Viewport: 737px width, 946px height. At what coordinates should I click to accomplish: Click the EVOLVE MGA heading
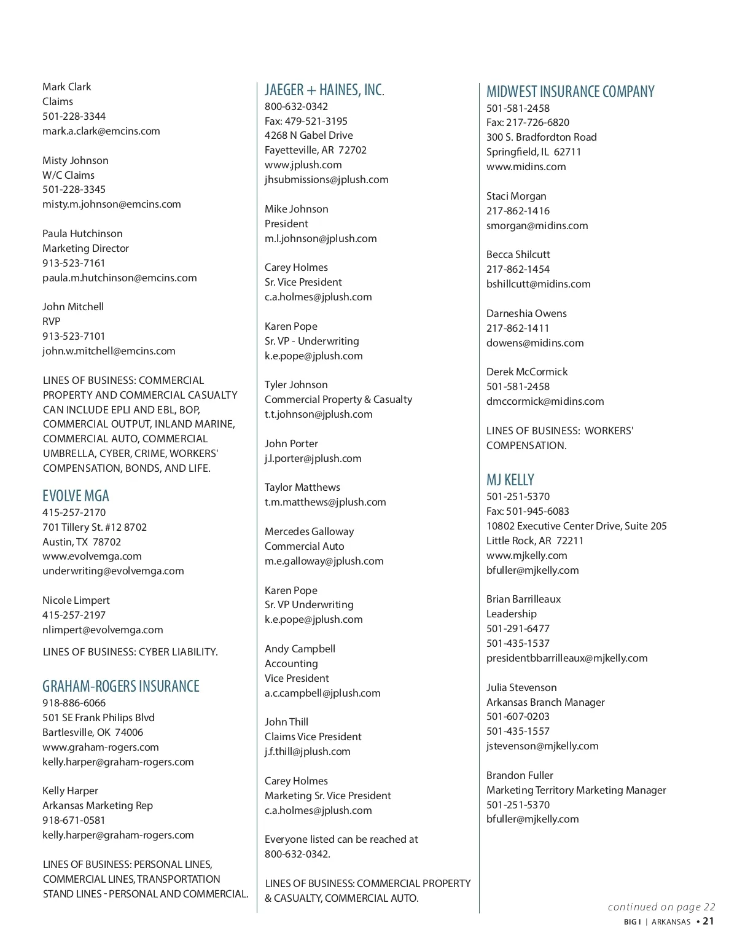point(76,496)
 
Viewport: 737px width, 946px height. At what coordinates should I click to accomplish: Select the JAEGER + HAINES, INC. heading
point(324,90)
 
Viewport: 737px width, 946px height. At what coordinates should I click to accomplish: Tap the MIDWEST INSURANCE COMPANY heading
point(570,92)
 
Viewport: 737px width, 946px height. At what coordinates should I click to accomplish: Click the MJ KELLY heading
point(510,480)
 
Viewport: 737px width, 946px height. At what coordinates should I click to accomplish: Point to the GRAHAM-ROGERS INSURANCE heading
point(121,686)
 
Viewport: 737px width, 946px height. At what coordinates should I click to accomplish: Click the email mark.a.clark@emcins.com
point(101,131)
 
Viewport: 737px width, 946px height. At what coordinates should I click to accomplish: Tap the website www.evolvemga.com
point(92,556)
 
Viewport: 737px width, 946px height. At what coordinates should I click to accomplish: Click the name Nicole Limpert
point(76,600)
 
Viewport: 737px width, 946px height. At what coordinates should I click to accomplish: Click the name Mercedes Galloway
point(309,531)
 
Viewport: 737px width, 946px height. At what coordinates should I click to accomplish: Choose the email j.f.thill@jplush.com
point(307,751)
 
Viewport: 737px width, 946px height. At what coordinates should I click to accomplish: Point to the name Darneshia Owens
point(526,313)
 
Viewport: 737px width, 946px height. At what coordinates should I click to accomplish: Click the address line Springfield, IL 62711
point(533,152)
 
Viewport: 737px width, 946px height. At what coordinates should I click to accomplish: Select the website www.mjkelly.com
point(526,555)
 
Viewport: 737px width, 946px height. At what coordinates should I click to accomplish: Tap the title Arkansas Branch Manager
point(545,702)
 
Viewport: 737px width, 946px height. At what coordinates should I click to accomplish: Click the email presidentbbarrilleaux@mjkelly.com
point(567,658)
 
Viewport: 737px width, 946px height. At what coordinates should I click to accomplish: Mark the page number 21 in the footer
point(708,921)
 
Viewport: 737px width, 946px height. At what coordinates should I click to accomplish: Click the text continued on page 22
point(661,907)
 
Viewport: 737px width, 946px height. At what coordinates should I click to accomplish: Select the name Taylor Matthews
point(302,487)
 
